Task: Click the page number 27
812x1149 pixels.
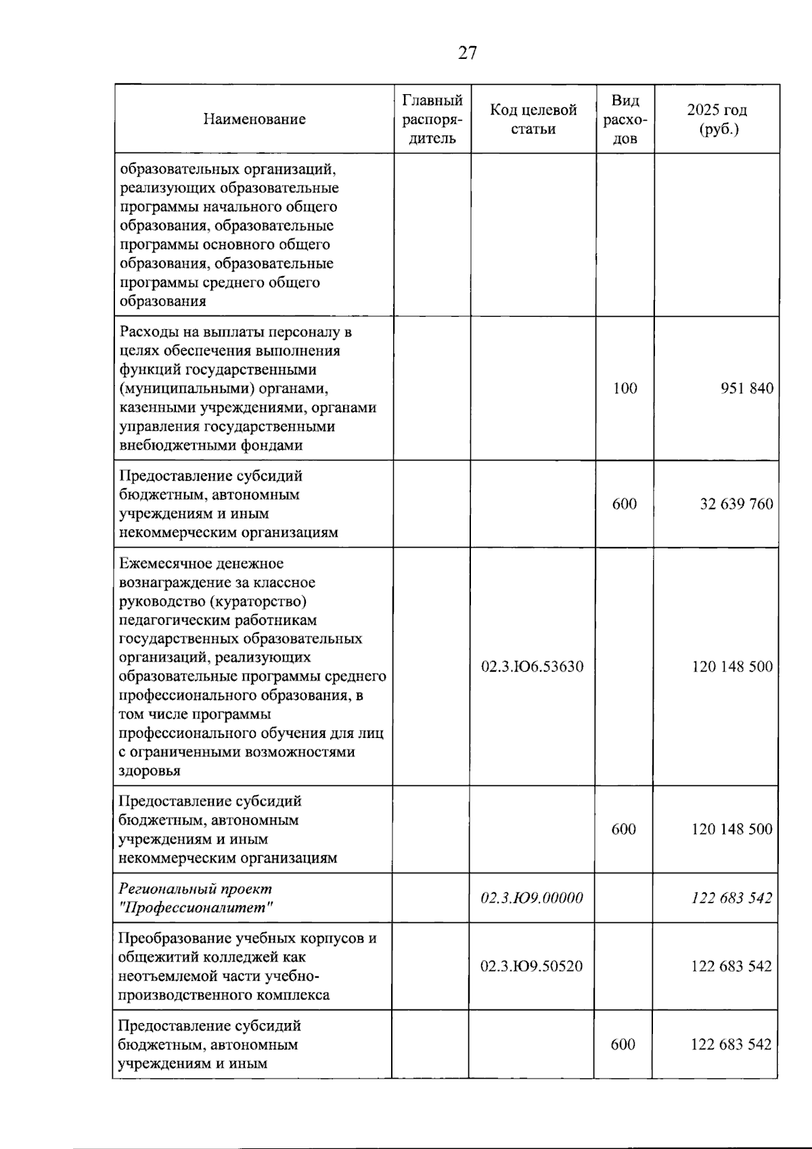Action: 467,53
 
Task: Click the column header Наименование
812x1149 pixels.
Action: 254,119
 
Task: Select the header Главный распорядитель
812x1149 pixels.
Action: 432,119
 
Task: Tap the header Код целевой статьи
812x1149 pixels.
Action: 533,119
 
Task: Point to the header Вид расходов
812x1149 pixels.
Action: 625,119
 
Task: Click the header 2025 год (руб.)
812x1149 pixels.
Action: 717,119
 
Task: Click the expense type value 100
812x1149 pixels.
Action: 625,389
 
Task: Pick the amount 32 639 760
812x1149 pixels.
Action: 736,504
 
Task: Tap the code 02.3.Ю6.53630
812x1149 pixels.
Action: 532,666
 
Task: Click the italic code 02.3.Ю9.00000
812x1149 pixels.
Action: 532,898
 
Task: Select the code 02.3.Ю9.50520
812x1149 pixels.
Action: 532,966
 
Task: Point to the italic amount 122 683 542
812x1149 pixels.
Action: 731,898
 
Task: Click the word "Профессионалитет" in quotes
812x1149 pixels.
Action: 196,908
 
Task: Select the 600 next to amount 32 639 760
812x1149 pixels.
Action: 625,504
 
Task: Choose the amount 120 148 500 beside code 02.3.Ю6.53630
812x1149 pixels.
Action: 731,666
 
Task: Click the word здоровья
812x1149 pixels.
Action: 150,771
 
